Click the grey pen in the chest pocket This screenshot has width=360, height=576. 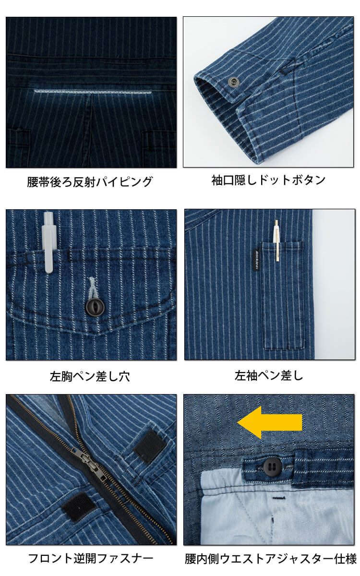(x=49, y=242)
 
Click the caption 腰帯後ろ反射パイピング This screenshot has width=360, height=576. (x=90, y=182)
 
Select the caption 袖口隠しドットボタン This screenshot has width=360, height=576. (x=269, y=180)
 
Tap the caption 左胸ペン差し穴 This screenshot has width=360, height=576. (x=90, y=376)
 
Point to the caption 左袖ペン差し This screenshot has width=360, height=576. (x=269, y=375)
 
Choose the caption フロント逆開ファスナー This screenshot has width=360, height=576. (x=90, y=558)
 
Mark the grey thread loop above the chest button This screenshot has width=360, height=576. (x=91, y=288)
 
